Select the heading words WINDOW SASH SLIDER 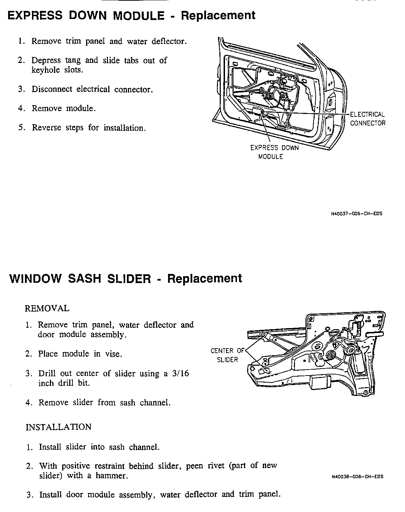81,279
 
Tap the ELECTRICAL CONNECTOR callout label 367,119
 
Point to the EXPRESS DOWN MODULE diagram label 274,152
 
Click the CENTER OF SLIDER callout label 227,355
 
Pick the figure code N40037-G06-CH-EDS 357,213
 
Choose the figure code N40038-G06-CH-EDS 357,477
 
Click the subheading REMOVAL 47,308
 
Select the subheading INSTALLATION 58,427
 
